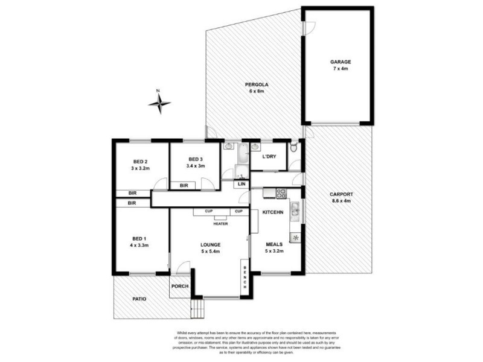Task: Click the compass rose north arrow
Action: [x=159, y=103]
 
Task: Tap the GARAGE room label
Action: [x=340, y=62]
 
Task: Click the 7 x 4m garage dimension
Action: [x=340, y=69]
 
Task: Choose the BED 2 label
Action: [x=140, y=162]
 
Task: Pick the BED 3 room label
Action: [x=194, y=159]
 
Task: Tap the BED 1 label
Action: [x=140, y=240]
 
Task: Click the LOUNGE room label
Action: [x=210, y=244]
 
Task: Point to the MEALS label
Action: [x=274, y=244]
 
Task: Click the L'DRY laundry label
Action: [x=269, y=157]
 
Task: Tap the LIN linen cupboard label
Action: [x=241, y=183]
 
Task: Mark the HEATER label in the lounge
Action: [x=220, y=223]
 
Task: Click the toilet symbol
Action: [x=293, y=147]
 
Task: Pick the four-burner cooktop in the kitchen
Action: [x=281, y=193]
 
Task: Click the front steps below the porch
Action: [x=197, y=310]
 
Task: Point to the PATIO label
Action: [x=140, y=298]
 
